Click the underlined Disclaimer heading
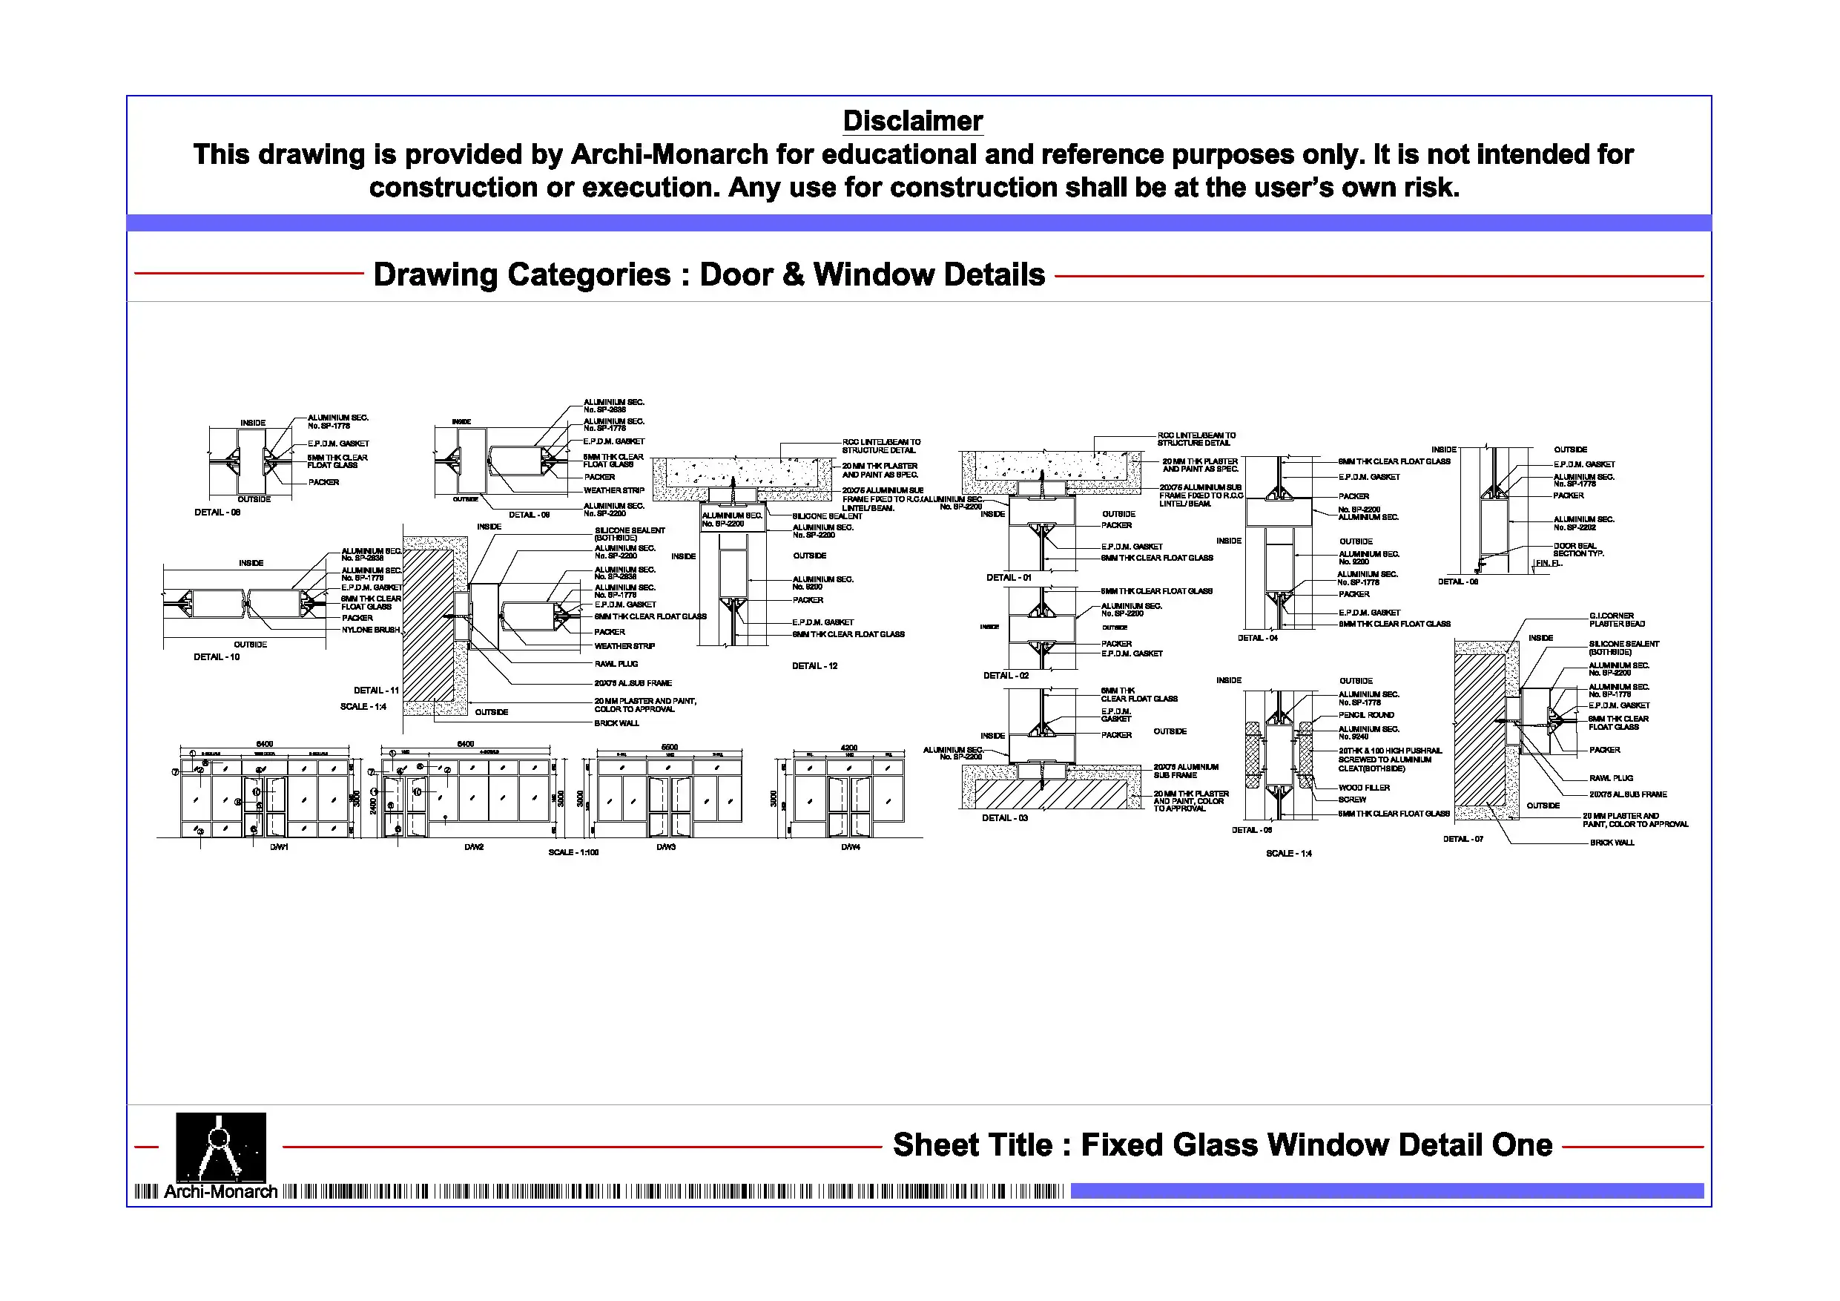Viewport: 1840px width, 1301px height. [x=912, y=122]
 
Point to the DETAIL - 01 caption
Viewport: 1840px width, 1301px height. [x=1008, y=577]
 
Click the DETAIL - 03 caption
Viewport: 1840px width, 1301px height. [x=1004, y=817]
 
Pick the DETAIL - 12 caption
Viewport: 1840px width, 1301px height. [x=814, y=666]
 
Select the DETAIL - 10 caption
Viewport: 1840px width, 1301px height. [x=217, y=656]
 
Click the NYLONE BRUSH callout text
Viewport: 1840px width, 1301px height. [x=370, y=630]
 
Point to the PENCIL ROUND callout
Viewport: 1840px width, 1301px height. [x=1365, y=715]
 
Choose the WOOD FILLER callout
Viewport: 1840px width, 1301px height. [x=1364, y=788]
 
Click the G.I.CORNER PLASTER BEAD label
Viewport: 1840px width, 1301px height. [x=1617, y=619]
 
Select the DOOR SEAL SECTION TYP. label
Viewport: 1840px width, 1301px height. [x=1578, y=550]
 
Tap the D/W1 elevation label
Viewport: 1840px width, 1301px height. [x=278, y=847]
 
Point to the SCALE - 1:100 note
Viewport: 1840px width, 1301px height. [x=573, y=852]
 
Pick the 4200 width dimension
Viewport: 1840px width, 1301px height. [x=848, y=748]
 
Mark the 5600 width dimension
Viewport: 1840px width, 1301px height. [x=669, y=747]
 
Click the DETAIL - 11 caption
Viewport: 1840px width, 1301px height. [x=376, y=690]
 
